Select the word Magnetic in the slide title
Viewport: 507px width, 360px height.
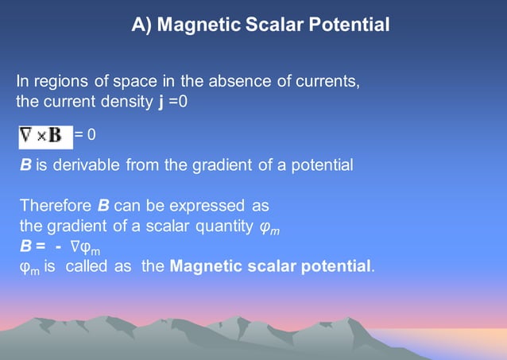[x=193, y=25]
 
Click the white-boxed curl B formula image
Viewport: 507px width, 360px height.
[x=45, y=134]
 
